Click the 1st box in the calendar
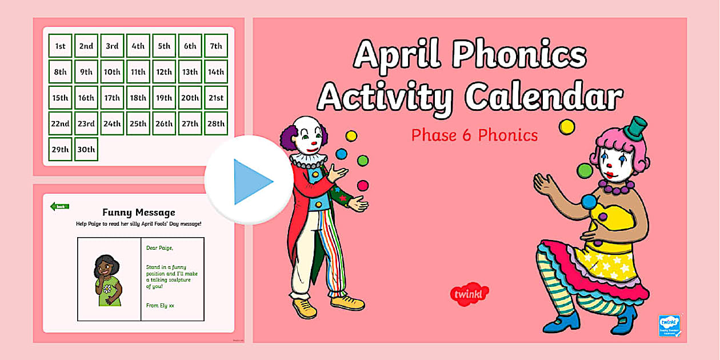tap(60, 46)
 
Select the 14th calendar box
tap(216, 72)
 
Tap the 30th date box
tap(86, 150)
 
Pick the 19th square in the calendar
tap(164, 98)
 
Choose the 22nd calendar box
tap(60, 123)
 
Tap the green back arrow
tap(59, 206)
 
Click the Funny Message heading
tap(138, 213)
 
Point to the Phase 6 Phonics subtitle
tap(474, 135)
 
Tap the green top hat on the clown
tap(635, 128)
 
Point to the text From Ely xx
tap(160, 306)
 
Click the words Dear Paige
tap(159, 247)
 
